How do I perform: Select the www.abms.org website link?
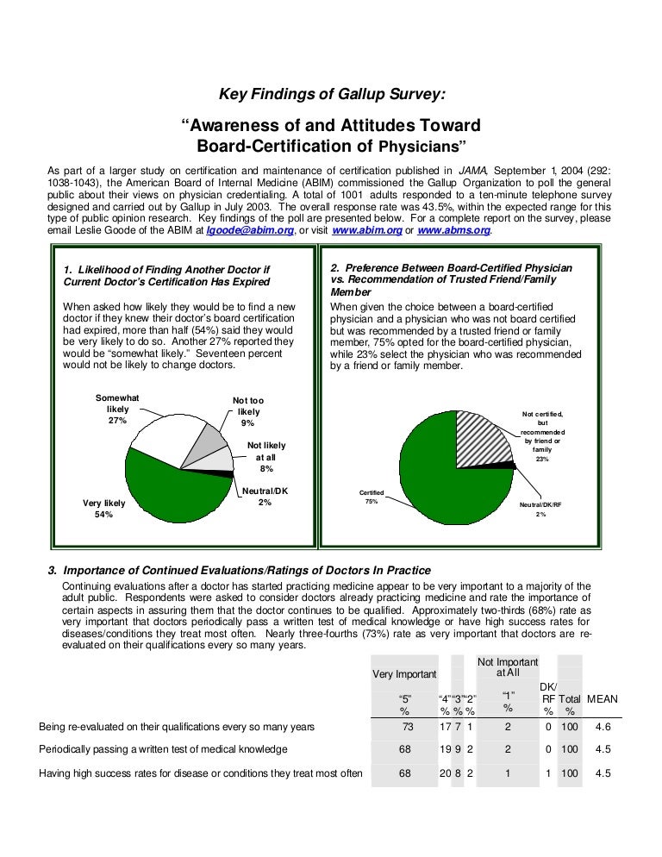point(455,231)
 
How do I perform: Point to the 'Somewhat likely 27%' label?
point(117,409)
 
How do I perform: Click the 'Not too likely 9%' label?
point(248,412)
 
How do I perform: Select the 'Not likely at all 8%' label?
point(265,457)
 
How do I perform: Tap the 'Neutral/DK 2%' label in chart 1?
point(265,496)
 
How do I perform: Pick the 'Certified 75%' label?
point(372,497)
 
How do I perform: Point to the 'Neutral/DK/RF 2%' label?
point(540,509)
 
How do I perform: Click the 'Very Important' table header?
point(404,673)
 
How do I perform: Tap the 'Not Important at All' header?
point(508,666)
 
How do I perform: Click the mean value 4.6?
point(603,727)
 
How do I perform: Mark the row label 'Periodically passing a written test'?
point(163,749)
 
